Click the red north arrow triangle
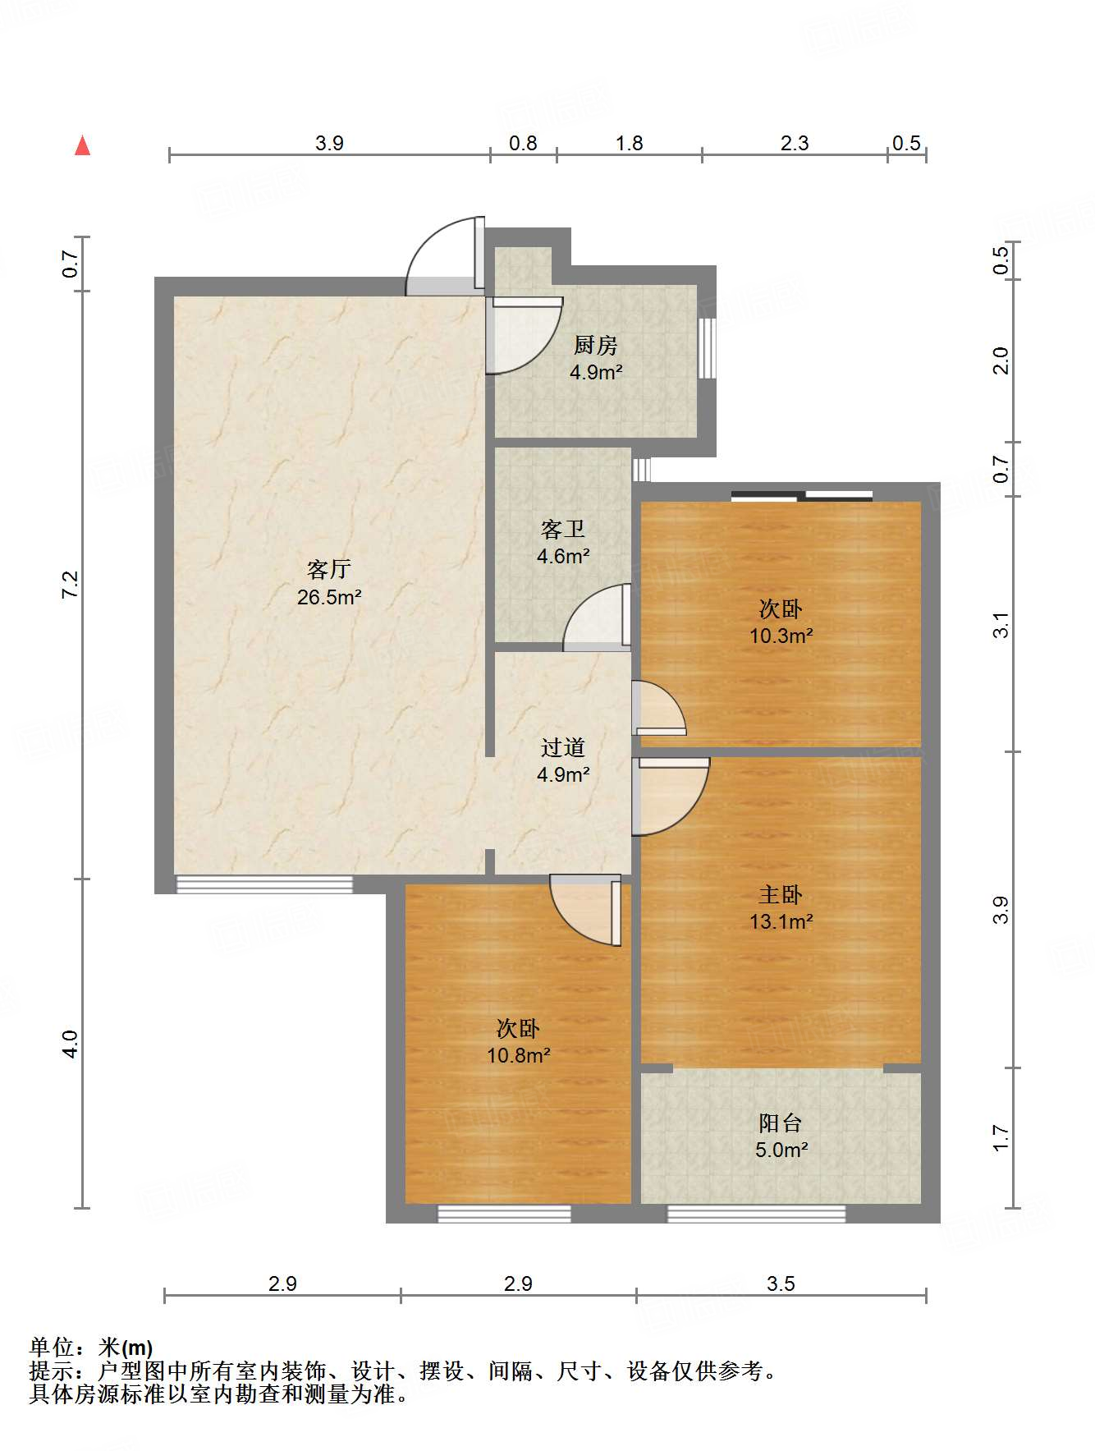point(82,146)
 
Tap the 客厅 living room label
point(329,569)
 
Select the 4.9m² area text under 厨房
point(596,372)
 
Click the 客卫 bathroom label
point(563,530)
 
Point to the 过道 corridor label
point(563,747)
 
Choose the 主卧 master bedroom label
point(781,894)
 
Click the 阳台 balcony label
point(781,1123)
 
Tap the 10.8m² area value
point(518,1055)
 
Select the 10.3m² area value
point(781,636)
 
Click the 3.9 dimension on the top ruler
point(329,144)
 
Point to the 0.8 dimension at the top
point(523,144)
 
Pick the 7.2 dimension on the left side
point(71,584)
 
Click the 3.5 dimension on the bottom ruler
point(781,1283)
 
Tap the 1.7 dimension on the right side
point(1001,1138)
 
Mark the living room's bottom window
point(264,884)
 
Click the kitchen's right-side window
point(707,348)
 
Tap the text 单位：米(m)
point(91,1348)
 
